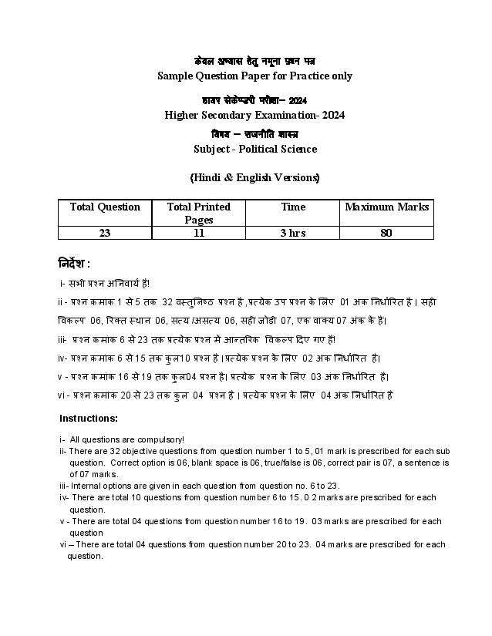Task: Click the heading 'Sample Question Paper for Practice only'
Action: [x=254, y=76]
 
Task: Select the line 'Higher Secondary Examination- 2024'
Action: [x=254, y=115]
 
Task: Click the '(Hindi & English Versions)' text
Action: [x=254, y=177]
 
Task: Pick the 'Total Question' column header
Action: [x=105, y=207]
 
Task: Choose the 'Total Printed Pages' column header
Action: [x=198, y=213]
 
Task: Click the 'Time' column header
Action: [x=293, y=207]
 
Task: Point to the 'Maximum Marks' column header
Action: [x=386, y=207]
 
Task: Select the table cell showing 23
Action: [x=105, y=233]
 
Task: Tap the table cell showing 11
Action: [x=198, y=233]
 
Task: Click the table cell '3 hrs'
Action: [x=293, y=233]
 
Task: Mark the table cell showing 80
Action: [x=386, y=233]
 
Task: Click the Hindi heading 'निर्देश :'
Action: [x=75, y=263]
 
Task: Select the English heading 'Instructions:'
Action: [x=89, y=418]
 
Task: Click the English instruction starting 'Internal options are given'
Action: [x=204, y=486]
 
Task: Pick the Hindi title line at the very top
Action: [x=254, y=61]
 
